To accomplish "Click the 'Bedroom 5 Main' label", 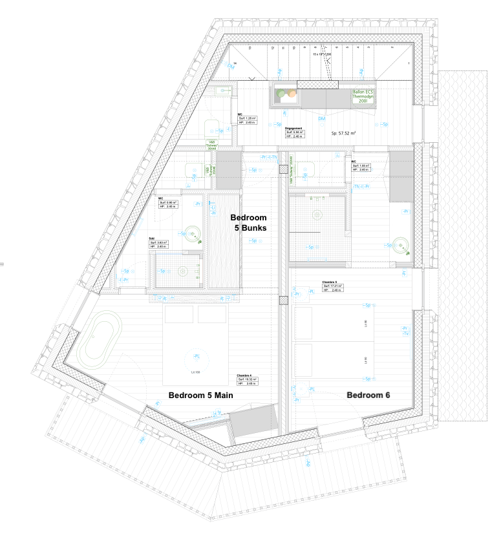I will coord(200,395).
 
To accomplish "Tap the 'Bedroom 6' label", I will coord(368,395).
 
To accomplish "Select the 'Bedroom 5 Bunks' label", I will coord(249,223).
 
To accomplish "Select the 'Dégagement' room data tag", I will coord(295,132).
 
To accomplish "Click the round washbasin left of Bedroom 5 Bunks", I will coord(192,233).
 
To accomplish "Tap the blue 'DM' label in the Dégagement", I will coord(321,119).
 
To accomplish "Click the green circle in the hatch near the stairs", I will coord(281,94).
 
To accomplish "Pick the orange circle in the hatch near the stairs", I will coord(292,94).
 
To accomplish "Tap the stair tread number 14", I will coord(236,63).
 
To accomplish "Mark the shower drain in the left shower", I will coord(183,271).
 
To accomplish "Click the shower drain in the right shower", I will coord(317,214).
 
